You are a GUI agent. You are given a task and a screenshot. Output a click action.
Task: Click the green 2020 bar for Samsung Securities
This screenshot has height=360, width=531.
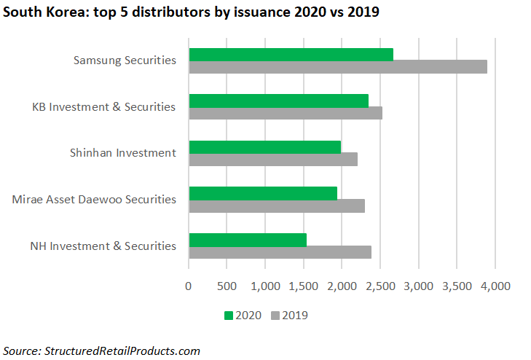(291, 55)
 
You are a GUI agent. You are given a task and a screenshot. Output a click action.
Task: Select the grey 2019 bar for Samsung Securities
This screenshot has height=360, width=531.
(337, 67)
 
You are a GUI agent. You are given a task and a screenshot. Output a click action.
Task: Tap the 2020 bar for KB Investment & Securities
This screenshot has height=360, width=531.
(278, 101)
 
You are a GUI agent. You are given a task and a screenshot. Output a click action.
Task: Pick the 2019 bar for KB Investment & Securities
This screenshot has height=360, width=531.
(285, 113)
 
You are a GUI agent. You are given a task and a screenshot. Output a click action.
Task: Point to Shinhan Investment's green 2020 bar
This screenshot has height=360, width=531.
(264, 147)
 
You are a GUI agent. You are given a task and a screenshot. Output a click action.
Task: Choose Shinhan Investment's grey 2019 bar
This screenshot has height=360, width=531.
(272, 160)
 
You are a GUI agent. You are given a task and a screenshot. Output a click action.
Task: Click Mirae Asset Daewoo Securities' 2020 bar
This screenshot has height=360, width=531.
(262, 193)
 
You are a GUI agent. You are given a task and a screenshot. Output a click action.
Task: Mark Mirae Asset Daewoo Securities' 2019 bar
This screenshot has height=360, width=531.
(276, 206)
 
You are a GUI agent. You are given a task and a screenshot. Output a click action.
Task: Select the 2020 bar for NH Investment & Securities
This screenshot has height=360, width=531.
(247, 240)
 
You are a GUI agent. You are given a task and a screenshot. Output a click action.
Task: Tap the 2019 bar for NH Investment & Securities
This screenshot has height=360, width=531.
(280, 252)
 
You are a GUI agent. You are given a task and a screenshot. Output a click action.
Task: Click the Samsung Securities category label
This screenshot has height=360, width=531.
(125, 60)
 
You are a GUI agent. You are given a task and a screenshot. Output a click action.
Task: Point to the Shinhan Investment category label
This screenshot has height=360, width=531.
(122, 153)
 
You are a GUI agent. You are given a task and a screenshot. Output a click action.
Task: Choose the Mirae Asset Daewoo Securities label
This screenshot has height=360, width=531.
(94, 199)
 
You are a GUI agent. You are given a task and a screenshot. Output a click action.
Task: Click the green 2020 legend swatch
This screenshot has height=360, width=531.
(228, 316)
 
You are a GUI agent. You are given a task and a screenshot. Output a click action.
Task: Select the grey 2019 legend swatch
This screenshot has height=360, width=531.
(275, 316)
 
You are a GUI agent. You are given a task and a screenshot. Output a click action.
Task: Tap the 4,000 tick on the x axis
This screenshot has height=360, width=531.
(495, 286)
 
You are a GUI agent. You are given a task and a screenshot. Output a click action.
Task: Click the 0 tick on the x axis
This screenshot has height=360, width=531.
(189, 286)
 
